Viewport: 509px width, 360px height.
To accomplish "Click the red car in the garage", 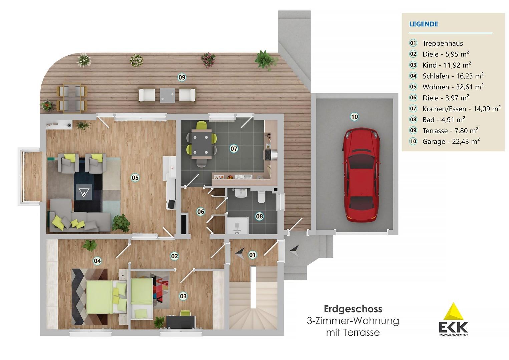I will coord(362,175).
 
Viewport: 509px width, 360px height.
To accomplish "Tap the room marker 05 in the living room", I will coord(135,178).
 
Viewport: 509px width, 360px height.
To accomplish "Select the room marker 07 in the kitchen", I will coord(234,148).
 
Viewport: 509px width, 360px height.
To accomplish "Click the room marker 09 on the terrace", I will coord(181,77).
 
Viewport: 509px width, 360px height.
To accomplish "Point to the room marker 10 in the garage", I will coord(354,117).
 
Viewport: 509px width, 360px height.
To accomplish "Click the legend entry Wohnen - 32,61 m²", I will coord(453,87).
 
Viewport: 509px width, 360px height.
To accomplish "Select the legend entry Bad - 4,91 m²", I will coord(443,120).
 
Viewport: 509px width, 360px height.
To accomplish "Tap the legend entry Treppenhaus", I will coord(442,43).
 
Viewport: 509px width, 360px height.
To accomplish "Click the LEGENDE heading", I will coord(423,24).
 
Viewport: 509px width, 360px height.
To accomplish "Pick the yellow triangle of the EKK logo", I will coord(453,313).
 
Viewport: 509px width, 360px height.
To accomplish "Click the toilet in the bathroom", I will coord(261,197).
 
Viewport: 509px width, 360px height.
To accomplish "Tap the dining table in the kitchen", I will coord(201,144).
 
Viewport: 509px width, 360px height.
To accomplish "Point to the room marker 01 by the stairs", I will coord(252,255).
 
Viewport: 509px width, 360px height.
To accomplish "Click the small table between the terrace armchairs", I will coord(167,95).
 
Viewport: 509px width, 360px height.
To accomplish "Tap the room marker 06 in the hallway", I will coord(200,212).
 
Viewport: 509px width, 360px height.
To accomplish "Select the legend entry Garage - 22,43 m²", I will coord(451,141).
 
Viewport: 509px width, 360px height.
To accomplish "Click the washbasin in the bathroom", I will coord(241,193).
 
